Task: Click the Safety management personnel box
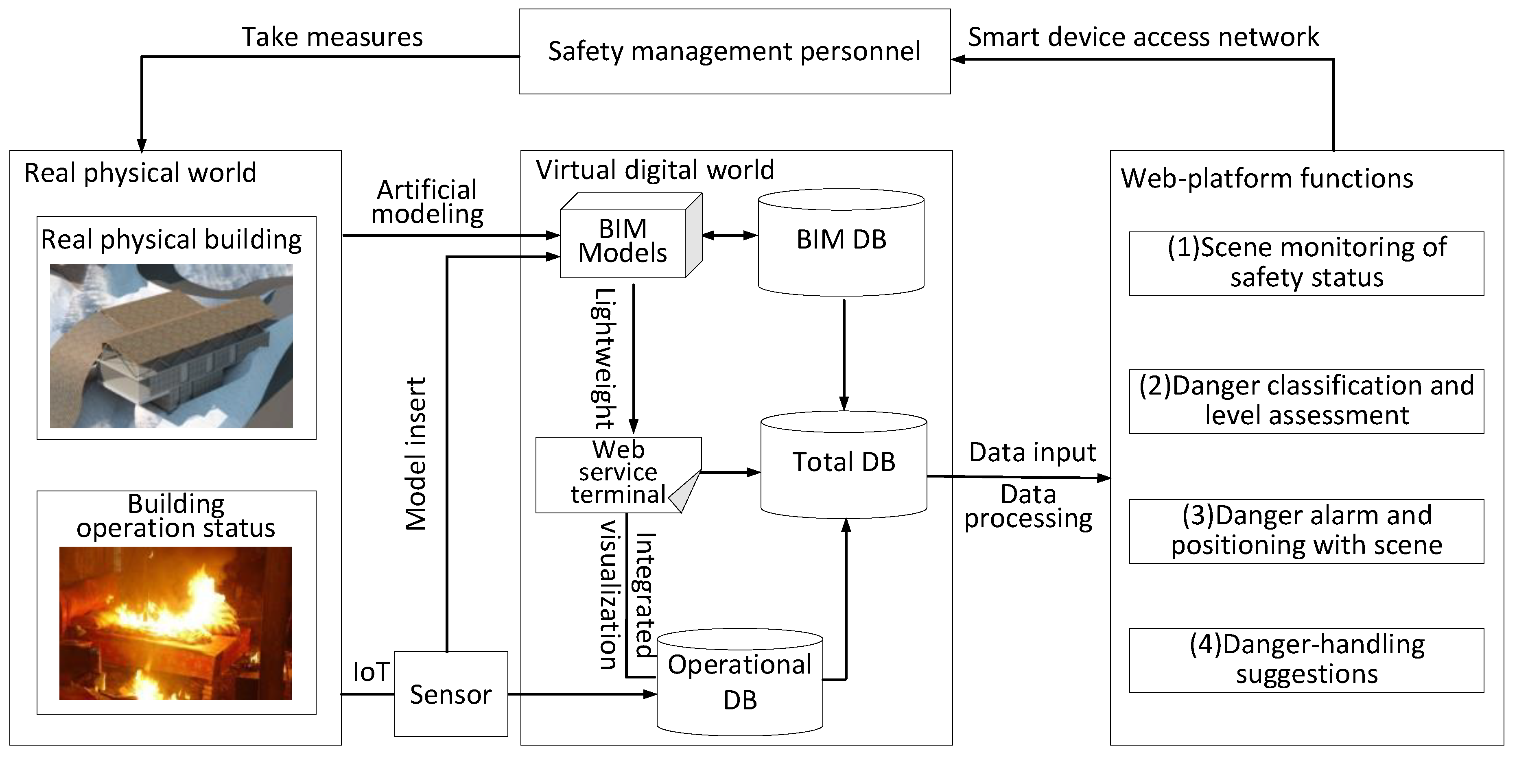734,51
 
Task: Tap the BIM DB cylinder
841,242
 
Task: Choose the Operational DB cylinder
740,683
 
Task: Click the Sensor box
450,694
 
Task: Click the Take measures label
332,37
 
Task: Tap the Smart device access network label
1143,37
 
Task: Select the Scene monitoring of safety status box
1306,263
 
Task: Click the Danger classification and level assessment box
1306,401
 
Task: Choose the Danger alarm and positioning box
1306,530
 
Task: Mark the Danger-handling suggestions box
1306,659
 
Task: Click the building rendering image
171,346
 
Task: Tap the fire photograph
175,623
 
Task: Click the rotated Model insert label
416,454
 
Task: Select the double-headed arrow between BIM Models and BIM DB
730,236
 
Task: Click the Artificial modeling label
428,202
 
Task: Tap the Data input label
1032,453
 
